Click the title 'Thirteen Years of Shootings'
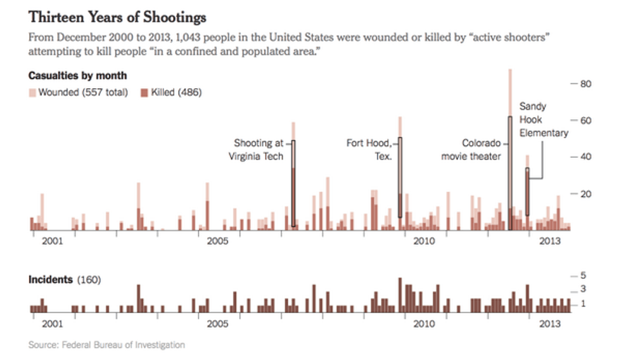[117, 16]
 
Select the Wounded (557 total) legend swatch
[32, 93]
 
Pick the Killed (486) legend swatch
[144, 93]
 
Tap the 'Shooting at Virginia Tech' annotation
[259, 150]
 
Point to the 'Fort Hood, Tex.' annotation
[369, 150]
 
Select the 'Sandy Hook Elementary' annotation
[544, 120]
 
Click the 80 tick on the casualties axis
[585, 83]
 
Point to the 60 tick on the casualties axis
[585, 120]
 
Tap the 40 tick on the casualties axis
[585, 157]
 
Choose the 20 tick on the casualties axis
[585, 193]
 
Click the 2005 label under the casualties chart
[217, 241]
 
